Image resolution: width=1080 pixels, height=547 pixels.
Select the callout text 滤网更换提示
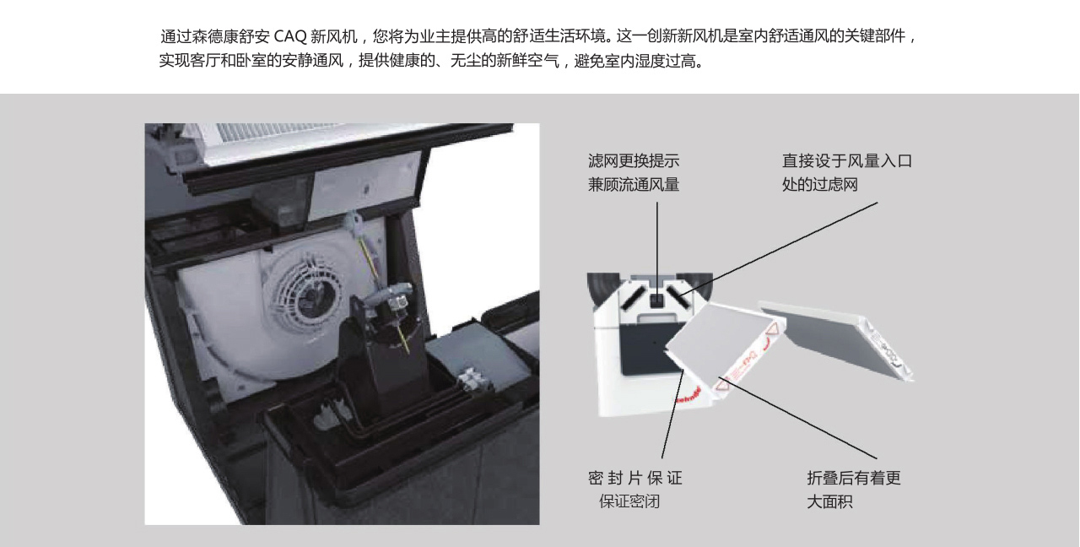pyautogui.click(x=633, y=161)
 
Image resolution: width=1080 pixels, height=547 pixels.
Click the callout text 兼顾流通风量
pyautogui.click(x=633, y=185)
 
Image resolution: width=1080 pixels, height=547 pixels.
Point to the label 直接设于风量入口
pyautogui.click(x=846, y=161)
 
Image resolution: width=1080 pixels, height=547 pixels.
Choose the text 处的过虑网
pyautogui.click(x=819, y=185)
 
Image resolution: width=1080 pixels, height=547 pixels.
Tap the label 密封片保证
pyautogui.click(x=634, y=479)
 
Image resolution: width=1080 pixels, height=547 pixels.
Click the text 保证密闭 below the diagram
pyautogui.click(x=629, y=501)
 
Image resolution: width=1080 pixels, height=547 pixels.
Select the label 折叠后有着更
pyautogui.click(x=853, y=479)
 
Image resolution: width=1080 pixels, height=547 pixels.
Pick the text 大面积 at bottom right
pyautogui.click(x=829, y=501)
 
